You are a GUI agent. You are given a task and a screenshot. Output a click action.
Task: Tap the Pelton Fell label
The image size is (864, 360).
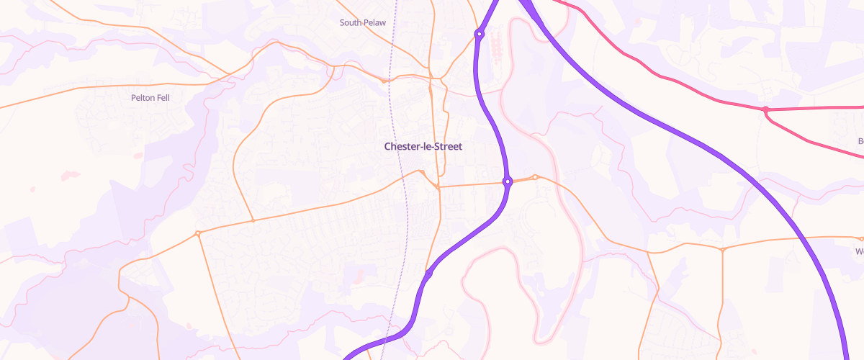point(150,97)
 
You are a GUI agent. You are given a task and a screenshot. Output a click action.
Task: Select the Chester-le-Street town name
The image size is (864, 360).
point(423,146)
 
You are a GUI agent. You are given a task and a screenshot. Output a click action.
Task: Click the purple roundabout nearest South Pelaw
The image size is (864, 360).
point(479,33)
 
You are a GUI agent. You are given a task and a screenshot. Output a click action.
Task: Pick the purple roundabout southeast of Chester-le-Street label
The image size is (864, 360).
point(508,181)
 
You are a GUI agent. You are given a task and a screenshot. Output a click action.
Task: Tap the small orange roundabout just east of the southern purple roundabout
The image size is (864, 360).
point(535,177)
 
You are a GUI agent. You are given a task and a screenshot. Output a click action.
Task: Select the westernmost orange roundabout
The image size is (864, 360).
point(197,233)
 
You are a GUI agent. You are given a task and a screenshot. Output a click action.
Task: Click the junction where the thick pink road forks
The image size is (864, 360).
point(766,109)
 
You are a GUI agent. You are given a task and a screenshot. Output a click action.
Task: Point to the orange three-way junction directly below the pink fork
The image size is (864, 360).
point(722,249)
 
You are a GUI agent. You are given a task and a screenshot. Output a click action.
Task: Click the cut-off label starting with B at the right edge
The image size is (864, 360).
point(860,141)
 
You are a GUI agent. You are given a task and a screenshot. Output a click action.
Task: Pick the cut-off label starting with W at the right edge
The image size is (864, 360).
point(859,252)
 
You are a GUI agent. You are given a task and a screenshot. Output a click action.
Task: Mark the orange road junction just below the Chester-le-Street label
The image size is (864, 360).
point(437,187)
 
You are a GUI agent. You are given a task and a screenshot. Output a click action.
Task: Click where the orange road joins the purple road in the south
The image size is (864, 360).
point(428,274)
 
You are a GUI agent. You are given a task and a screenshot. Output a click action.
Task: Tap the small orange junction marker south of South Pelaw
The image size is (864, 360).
point(384,81)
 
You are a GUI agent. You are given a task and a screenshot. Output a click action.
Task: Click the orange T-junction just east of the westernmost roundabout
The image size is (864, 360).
point(253,220)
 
